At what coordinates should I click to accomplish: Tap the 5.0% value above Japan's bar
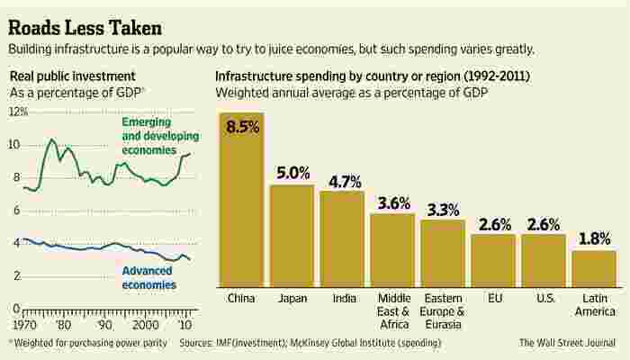pos(293,173)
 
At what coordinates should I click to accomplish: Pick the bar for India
pos(342,239)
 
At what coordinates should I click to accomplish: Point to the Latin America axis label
pos(594,305)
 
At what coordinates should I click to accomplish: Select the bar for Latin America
pos(594,269)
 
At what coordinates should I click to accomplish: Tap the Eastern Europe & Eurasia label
pos(443,311)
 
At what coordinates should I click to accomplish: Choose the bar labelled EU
pos(493,261)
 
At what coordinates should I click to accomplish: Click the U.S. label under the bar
pos(544,298)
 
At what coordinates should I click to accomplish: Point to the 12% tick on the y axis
pos(19,112)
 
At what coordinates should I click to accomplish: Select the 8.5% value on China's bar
pos(242,127)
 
